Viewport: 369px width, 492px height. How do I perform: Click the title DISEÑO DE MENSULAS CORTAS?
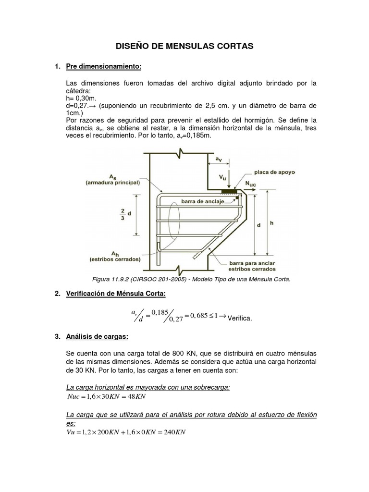click(x=185, y=46)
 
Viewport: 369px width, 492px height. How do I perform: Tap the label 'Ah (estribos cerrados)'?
click(x=114, y=256)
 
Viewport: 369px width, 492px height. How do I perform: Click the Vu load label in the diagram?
click(x=222, y=177)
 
